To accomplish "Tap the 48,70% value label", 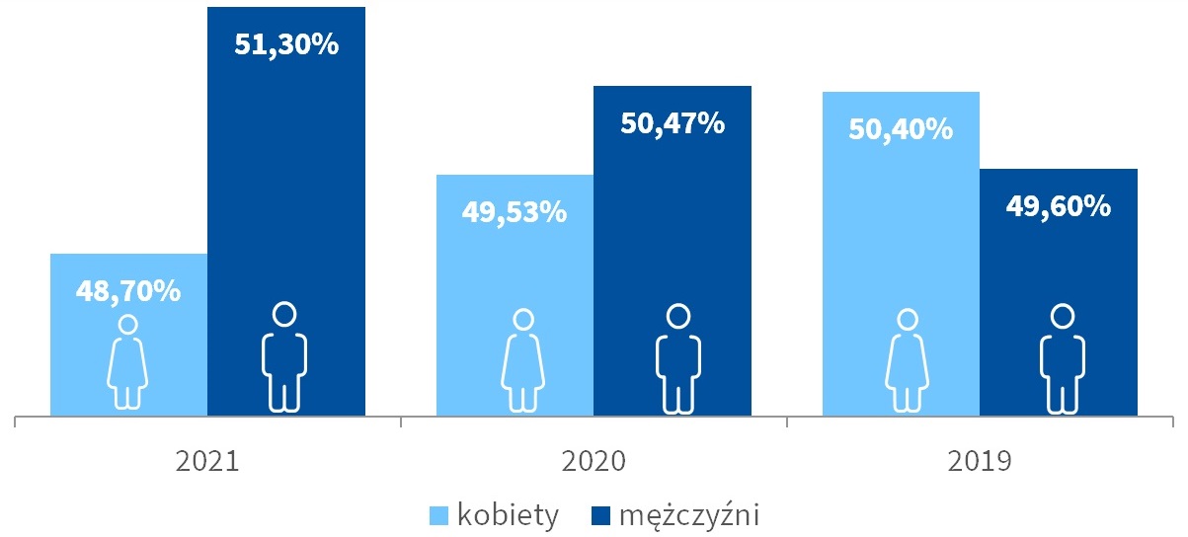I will point(128,291).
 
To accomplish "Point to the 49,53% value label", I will point(515,211).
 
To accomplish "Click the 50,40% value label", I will point(901,128).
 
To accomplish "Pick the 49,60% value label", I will point(1058,206).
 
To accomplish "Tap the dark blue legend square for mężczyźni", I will point(600,515).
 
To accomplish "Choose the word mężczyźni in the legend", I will point(688,515).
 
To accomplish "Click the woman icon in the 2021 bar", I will point(127,361).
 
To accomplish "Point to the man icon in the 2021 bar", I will point(284,357).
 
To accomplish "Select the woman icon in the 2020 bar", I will point(523,361).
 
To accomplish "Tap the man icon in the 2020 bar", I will point(677,358).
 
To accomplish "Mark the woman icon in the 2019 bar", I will point(907,361).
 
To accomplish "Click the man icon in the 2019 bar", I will point(1062,358).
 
